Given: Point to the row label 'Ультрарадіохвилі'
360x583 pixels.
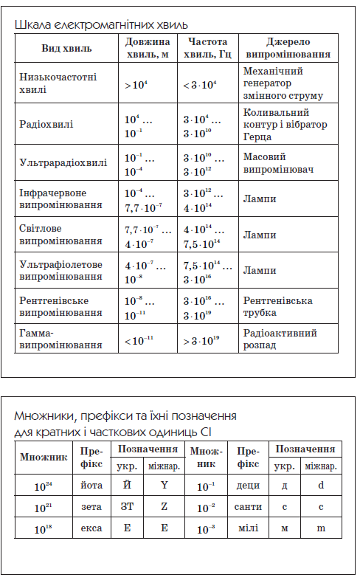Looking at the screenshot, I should [63, 163].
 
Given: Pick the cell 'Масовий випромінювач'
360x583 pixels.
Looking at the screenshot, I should [278, 163].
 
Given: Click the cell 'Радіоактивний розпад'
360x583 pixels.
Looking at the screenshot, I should [280, 339].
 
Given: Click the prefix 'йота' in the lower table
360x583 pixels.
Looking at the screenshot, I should [93, 486].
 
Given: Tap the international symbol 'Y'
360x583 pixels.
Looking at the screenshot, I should [163, 486].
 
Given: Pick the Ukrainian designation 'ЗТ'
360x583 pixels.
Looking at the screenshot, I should [127, 508].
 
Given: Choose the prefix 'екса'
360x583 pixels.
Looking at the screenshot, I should [93, 529].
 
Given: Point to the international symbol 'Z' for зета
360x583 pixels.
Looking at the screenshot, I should [163, 508].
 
